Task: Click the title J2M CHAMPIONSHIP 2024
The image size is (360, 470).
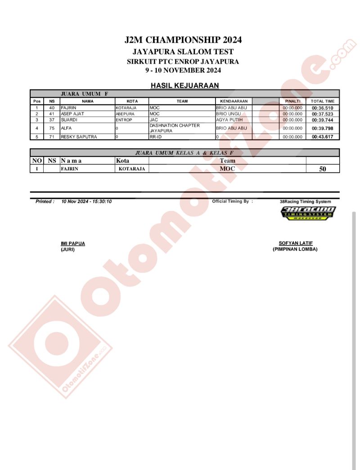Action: [x=183, y=40]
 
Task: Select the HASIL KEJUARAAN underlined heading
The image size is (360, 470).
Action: [x=184, y=85]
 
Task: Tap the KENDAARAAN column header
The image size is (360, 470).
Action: [x=234, y=101]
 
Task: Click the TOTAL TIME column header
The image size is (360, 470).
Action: [x=323, y=101]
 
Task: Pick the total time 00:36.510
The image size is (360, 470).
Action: [x=323, y=108]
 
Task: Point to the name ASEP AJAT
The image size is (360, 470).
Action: [x=72, y=114]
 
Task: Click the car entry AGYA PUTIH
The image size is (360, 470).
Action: [x=229, y=120]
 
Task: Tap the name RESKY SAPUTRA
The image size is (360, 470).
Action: [x=79, y=137]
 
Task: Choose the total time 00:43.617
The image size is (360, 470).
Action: [x=323, y=137]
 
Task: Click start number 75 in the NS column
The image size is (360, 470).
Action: [x=52, y=128]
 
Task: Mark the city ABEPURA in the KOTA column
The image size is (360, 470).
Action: [x=125, y=114]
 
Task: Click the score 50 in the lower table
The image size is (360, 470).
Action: [x=323, y=169]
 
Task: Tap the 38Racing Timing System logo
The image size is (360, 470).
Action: [x=308, y=213]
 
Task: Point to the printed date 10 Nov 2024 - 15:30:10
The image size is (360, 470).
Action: [x=86, y=201]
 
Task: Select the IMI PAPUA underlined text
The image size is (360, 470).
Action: [x=72, y=243]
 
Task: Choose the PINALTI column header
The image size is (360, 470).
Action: [x=292, y=101]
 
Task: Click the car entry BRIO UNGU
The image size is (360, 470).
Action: [x=229, y=114]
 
